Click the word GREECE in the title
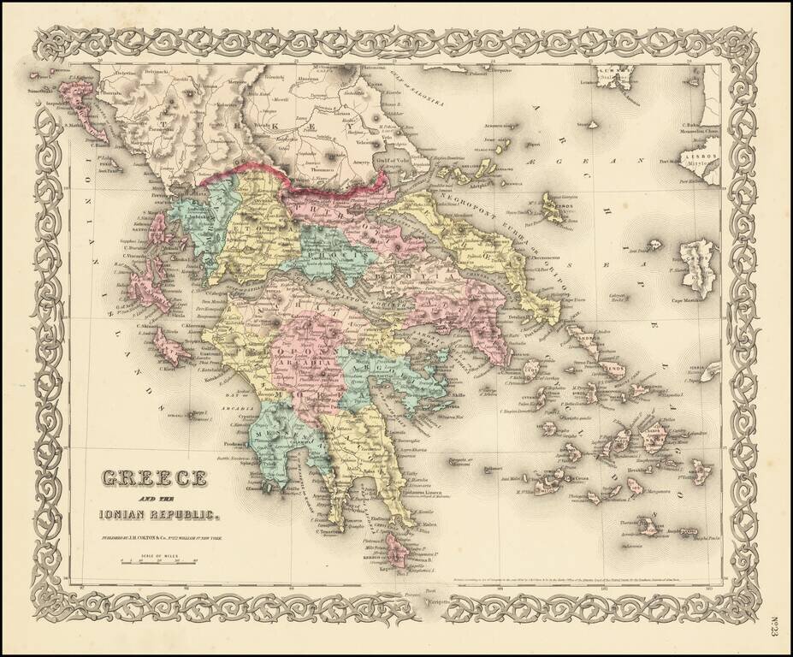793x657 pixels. tap(154, 477)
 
